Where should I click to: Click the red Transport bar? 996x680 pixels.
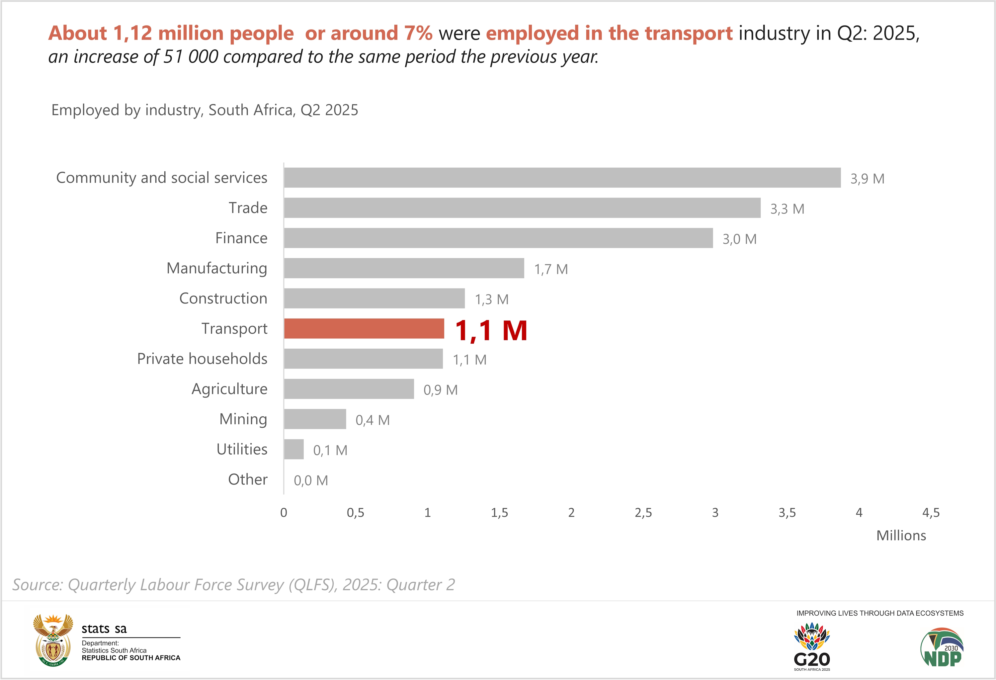364,329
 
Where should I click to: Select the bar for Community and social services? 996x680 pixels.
562,177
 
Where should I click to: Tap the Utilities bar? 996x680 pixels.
293,449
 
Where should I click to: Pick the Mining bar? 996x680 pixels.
315,419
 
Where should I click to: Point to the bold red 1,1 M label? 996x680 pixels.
491,331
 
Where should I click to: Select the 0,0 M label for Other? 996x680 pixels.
311,480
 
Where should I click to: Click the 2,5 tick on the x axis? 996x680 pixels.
643,512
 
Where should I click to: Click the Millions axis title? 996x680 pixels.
901,536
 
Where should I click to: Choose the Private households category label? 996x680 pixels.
202,359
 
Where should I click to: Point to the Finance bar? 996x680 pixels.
498,238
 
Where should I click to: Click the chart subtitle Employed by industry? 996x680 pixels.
205,110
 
